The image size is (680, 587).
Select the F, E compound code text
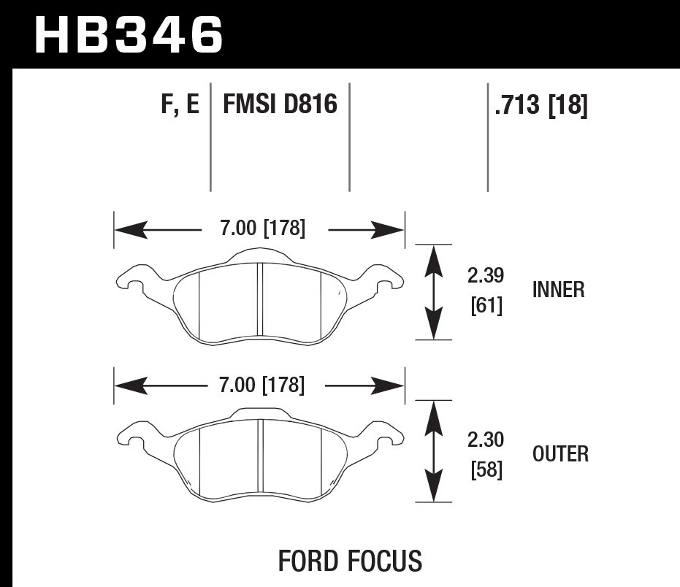[179, 105]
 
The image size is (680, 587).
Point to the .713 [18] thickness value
[540, 106]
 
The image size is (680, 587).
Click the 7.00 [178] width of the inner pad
[262, 229]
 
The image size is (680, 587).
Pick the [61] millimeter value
[486, 307]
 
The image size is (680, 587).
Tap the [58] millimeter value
[486, 471]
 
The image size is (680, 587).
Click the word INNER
[559, 291]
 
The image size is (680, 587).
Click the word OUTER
[560, 454]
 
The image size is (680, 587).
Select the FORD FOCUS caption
[350, 561]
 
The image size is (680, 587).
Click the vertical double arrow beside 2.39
[434, 292]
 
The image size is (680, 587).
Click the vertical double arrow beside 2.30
[434, 451]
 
